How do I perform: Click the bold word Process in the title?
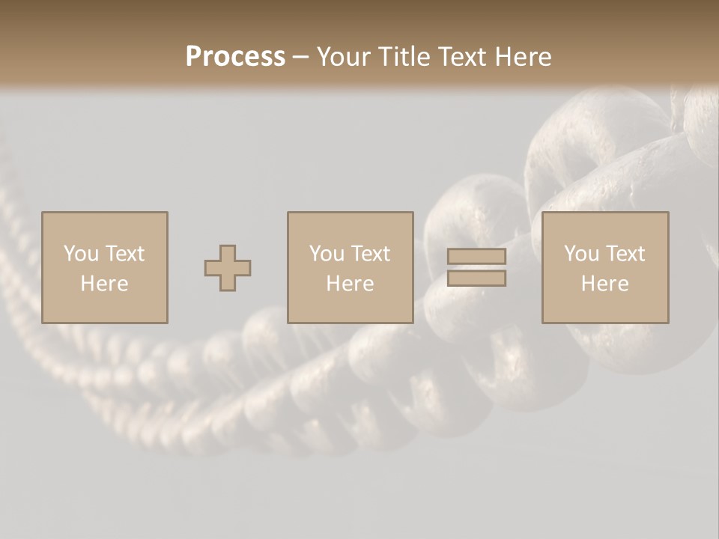tap(235, 57)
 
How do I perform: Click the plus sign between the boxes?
tap(228, 268)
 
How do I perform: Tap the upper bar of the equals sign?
tap(476, 256)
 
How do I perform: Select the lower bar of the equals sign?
tap(476, 278)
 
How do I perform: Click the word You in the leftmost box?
tap(81, 254)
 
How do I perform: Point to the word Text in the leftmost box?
tap(124, 254)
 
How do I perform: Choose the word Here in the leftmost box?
tap(104, 284)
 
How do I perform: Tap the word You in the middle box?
tap(327, 254)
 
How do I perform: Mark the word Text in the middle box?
tap(370, 254)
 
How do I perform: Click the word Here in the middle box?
tap(350, 284)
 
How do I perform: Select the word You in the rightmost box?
tap(581, 254)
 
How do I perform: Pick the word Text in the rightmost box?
tap(625, 254)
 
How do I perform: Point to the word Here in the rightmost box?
tap(604, 284)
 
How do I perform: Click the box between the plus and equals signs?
tap(350, 307)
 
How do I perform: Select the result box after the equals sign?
tap(604, 307)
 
